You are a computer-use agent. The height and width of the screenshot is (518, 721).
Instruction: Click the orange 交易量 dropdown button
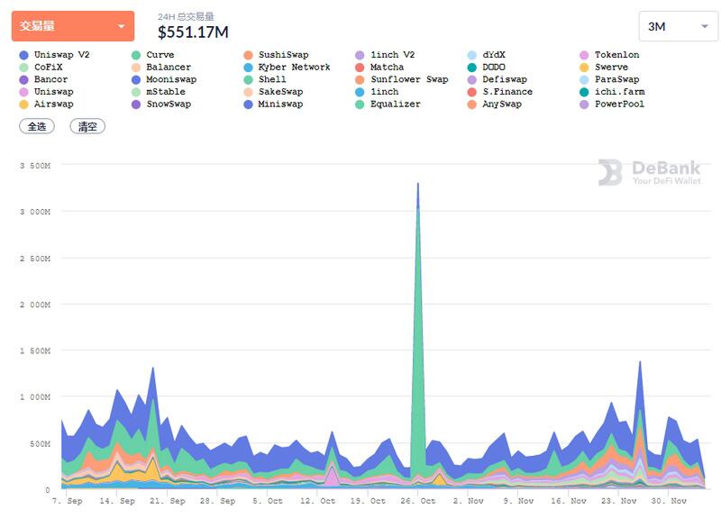click(x=72, y=26)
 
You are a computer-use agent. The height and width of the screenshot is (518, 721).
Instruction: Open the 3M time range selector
click(x=678, y=26)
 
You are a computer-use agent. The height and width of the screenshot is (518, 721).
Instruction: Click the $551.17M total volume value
click(x=193, y=32)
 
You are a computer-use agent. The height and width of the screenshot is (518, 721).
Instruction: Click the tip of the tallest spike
click(x=417, y=183)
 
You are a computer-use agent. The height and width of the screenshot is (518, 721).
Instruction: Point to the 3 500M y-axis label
click(x=37, y=167)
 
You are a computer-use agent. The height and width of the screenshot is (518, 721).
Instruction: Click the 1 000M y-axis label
click(x=37, y=397)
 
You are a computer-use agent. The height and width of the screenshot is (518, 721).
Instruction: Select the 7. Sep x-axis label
click(x=68, y=501)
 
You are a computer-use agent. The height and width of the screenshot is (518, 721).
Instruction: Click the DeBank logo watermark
click(x=649, y=173)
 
